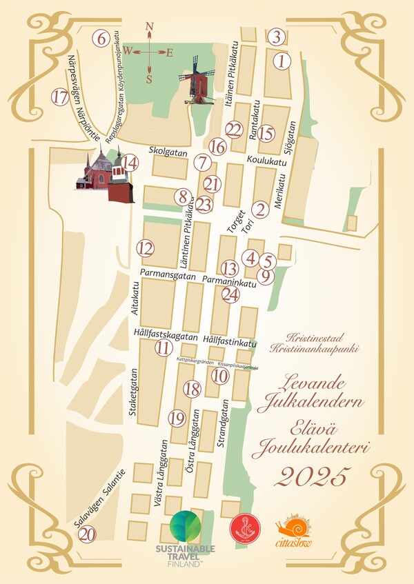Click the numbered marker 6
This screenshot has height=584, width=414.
(101, 39)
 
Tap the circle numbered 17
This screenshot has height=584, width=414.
(60, 97)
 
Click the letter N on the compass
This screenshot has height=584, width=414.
(150, 28)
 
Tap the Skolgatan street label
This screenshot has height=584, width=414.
(168, 150)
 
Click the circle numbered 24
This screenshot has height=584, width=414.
(231, 294)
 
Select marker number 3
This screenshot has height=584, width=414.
(277, 37)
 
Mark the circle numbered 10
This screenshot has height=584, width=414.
(220, 376)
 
